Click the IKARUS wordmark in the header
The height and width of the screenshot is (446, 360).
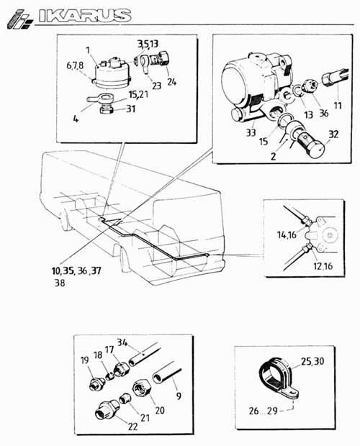(x=85, y=16)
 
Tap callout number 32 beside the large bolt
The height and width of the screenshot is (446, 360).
(x=333, y=134)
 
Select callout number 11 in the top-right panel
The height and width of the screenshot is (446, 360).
(x=338, y=106)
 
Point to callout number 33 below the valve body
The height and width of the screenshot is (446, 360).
(x=251, y=132)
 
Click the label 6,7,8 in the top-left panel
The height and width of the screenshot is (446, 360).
(x=75, y=65)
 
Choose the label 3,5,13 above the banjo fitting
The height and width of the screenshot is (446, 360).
(x=148, y=44)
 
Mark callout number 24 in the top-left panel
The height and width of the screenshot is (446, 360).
(x=171, y=82)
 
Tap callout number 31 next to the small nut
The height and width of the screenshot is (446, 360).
(x=130, y=109)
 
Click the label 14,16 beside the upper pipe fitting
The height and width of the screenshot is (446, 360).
(x=287, y=235)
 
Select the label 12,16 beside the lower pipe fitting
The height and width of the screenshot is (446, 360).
(x=323, y=266)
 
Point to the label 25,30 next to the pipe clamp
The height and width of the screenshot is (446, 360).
(x=312, y=361)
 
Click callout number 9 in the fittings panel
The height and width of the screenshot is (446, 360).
(x=179, y=396)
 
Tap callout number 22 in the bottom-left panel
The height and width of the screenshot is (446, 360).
(x=132, y=427)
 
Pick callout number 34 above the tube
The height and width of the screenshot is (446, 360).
(x=122, y=342)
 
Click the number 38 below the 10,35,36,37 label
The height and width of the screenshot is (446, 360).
(x=60, y=283)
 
